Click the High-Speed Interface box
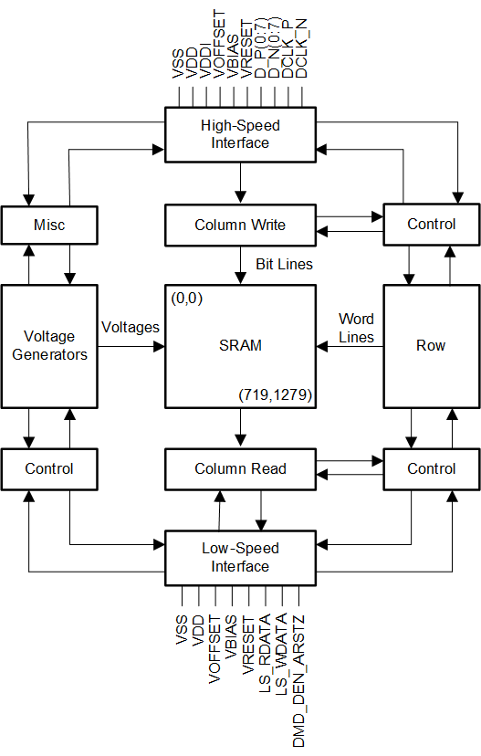pos(241,134)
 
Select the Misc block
pos(49,226)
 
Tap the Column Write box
pos(241,226)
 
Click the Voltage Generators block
pos(49,347)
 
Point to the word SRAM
pos(241,346)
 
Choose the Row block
pos(432,347)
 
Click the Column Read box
pos(241,469)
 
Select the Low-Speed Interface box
pos(241,558)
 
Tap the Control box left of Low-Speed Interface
pos(49,469)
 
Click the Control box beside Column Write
pos(432,225)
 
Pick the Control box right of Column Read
pos(432,469)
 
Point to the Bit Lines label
pos(285,264)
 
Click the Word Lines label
pos(356,328)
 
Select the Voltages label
pos(131,328)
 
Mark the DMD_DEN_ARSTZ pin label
pos(298,681)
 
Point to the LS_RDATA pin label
pos(265,654)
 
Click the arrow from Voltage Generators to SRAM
pos(131,346)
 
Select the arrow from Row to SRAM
pos(350,346)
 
